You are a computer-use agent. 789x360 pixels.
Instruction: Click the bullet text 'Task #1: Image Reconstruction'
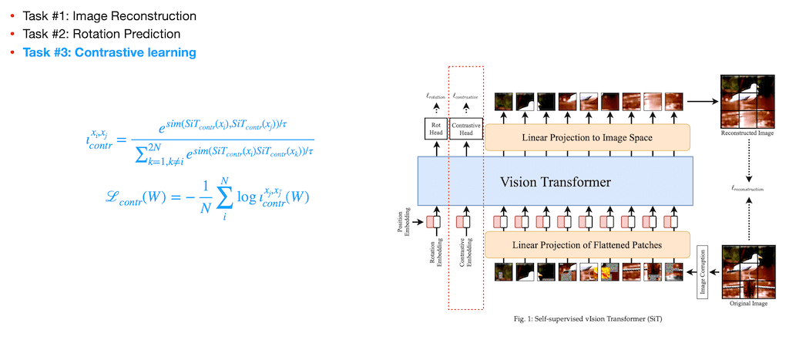tap(109, 15)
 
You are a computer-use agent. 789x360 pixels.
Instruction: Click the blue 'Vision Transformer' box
tap(556, 182)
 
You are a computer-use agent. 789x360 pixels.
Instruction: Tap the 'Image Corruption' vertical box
tap(702, 272)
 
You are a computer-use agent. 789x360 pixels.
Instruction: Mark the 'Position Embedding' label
tap(401, 222)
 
